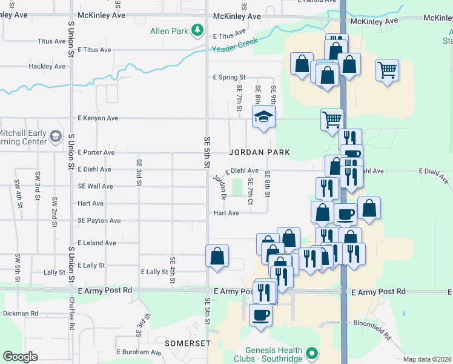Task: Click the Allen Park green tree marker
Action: tap(197, 30)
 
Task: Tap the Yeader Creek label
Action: tap(234, 45)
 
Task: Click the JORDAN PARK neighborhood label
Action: tap(259, 152)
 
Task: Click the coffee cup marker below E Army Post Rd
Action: tap(260, 315)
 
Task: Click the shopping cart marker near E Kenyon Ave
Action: tap(332, 119)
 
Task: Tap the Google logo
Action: tap(21, 357)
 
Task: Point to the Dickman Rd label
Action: tap(21, 314)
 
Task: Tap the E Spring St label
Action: tap(229, 78)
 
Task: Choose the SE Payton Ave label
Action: tap(99, 221)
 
